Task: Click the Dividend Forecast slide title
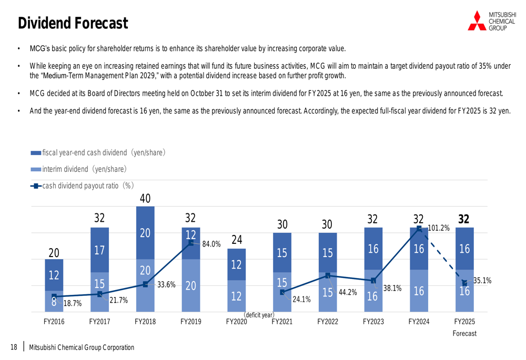click(x=73, y=23)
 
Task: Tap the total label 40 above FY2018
click(x=145, y=198)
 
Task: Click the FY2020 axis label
click(x=236, y=322)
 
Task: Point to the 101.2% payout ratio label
click(x=439, y=228)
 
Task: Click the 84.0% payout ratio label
click(x=211, y=244)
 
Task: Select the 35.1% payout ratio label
click(x=482, y=281)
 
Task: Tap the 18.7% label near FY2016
click(x=72, y=303)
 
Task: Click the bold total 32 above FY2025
click(x=464, y=219)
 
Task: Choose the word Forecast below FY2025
click(x=464, y=333)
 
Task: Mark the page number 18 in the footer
click(x=14, y=347)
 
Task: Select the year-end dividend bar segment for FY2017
click(x=99, y=250)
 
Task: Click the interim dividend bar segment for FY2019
click(x=190, y=285)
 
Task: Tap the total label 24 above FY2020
click(x=236, y=240)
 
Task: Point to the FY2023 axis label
click(x=373, y=322)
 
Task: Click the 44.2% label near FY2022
click(x=347, y=292)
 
